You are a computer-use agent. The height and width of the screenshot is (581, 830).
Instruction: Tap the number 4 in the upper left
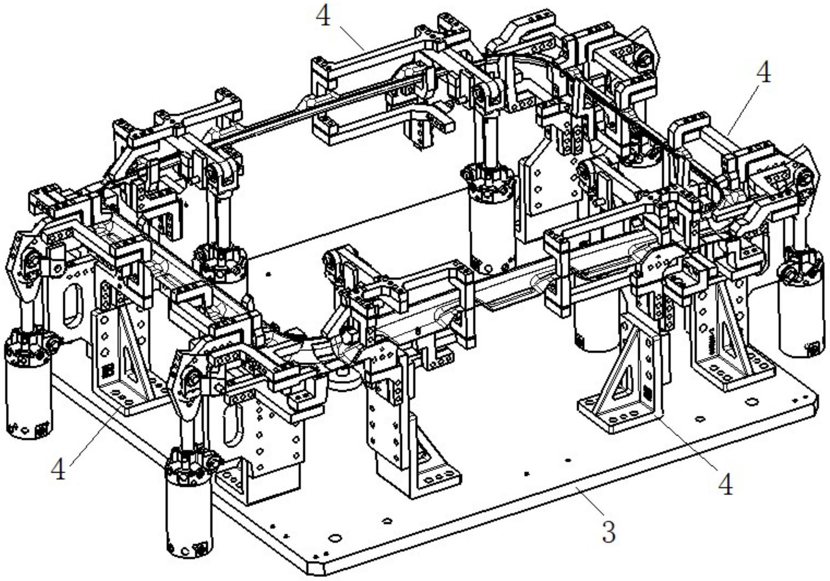pos(323,16)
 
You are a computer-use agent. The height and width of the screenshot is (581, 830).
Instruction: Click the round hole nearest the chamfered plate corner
pos(335,538)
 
